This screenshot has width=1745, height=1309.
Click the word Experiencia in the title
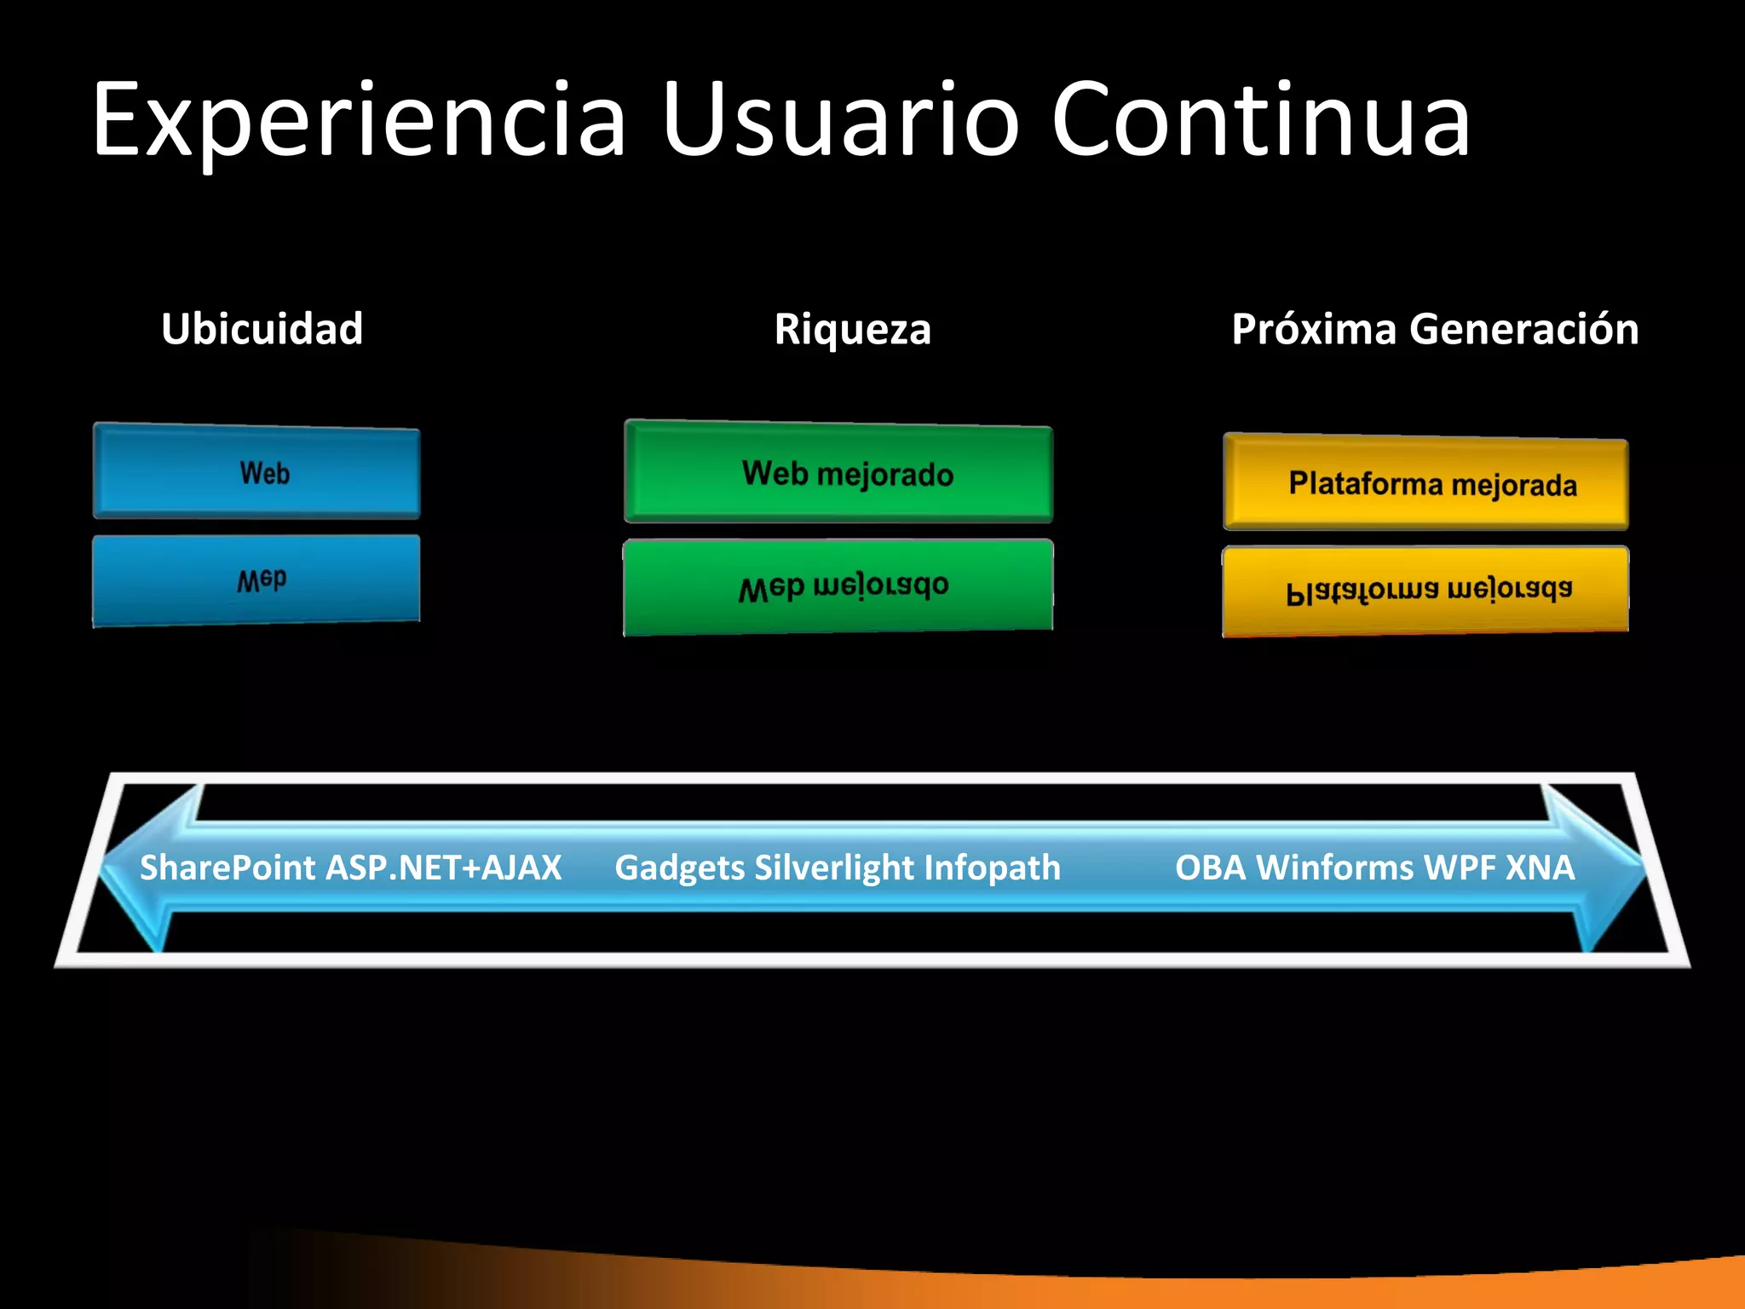click(358, 121)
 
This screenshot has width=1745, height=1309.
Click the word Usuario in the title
click(839, 121)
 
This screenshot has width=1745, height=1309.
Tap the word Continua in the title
click(1261, 121)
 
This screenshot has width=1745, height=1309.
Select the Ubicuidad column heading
click(262, 329)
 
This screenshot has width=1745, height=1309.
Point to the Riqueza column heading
click(852, 329)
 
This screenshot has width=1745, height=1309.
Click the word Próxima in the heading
click(1313, 329)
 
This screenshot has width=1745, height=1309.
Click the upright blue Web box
click(256, 472)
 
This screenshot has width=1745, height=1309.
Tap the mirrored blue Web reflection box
click(256, 580)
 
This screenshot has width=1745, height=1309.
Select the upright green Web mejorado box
click(839, 473)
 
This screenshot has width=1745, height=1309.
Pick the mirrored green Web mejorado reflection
click(839, 587)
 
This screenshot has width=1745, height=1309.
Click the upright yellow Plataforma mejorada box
click(1425, 483)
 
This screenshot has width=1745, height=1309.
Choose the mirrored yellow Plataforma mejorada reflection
click(1425, 591)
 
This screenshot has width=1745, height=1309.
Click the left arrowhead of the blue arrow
click(136, 868)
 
